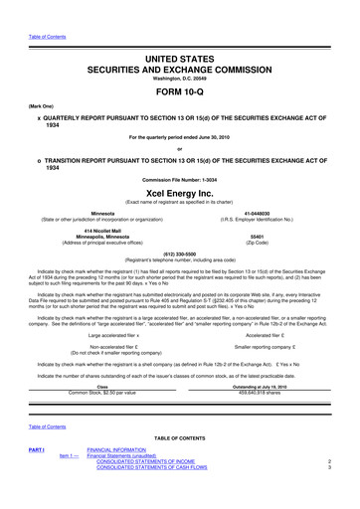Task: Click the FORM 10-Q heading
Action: click(179, 83)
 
